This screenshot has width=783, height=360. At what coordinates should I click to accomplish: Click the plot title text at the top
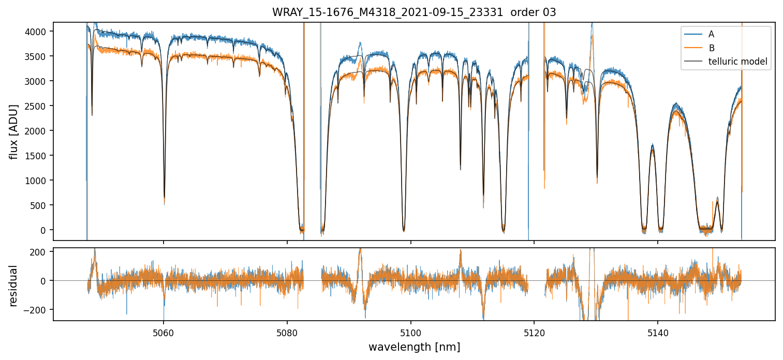pyautogui.click(x=414, y=12)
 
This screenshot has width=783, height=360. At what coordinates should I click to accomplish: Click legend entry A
pyautogui.click(x=711, y=34)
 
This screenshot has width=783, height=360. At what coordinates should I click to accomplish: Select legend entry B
pyautogui.click(x=711, y=48)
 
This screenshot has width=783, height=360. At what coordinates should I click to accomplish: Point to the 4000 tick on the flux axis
pyautogui.click(x=38, y=32)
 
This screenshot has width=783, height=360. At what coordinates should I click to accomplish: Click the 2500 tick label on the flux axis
pyautogui.click(x=38, y=106)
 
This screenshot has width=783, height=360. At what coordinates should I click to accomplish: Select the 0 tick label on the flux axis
pyautogui.click(x=46, y=230)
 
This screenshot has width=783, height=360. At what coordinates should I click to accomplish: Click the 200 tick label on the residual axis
pyautogui.click(x=40, y=252)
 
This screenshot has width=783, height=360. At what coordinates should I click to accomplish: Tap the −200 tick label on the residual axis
pyautogui.click(x=37, y=310)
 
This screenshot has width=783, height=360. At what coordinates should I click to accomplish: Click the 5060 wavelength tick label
pyautogui.click(x=164, y=331)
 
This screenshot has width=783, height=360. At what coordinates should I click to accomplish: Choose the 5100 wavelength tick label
pyautogui.click(x=410, y=331)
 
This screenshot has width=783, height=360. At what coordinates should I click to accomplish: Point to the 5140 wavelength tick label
pyautogui.click(x=657, y=331)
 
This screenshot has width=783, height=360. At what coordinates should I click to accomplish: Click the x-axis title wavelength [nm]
pyautogui.click(x=414, y=347)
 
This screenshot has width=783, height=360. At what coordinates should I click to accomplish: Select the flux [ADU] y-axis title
pyautogui.click(x=14, y=131)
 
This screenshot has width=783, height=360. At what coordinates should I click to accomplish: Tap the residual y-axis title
pyautogui.click(x=14, y=286)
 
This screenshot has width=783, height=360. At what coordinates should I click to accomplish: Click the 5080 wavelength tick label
pyautogui.click(x=287, y=331)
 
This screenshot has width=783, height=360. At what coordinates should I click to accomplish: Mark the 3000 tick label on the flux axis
pyautogui.click(x=38, y=81)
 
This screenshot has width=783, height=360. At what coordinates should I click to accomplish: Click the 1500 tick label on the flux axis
pyautogui.click(x=38, y=156)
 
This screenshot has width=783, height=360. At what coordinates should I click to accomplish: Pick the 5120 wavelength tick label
pyautogui.click(x=534, y=331)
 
